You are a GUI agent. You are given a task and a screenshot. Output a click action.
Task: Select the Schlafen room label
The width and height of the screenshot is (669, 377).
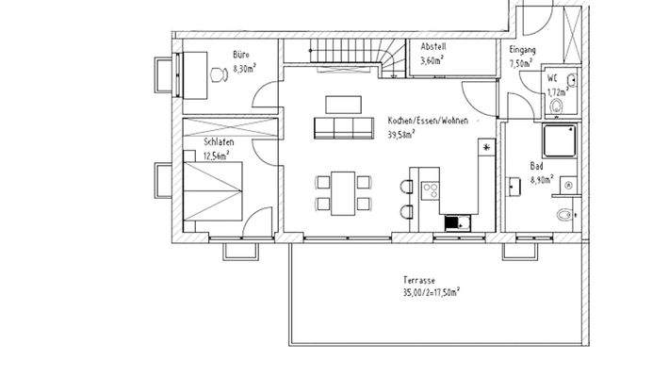218,142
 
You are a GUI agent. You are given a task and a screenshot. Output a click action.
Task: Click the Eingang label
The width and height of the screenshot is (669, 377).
522,50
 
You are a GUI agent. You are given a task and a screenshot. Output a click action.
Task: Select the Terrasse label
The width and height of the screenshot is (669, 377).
417,281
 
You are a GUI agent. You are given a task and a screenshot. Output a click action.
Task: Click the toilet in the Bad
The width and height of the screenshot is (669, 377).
564,215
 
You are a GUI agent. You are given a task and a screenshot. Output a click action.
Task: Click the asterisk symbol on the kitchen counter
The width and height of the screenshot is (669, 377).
486,148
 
